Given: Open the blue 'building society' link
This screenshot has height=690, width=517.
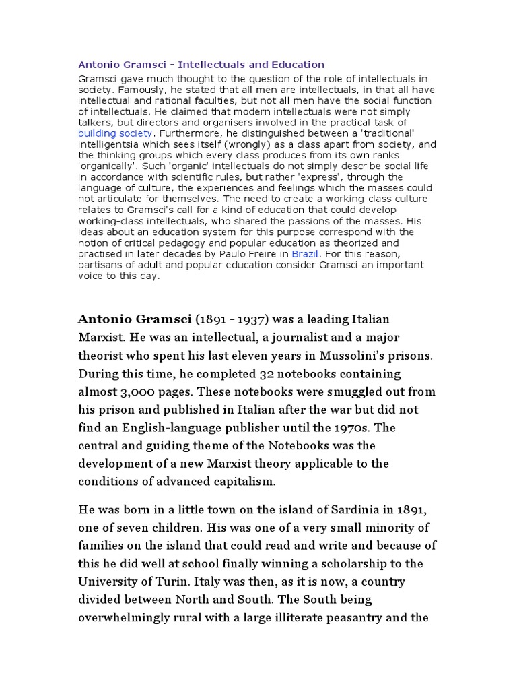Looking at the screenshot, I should (x=115, y=133).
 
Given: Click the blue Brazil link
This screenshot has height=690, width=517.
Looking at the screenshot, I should (x=305, y=253).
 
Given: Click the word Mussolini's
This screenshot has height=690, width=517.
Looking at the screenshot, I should (x=359, y=355).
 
